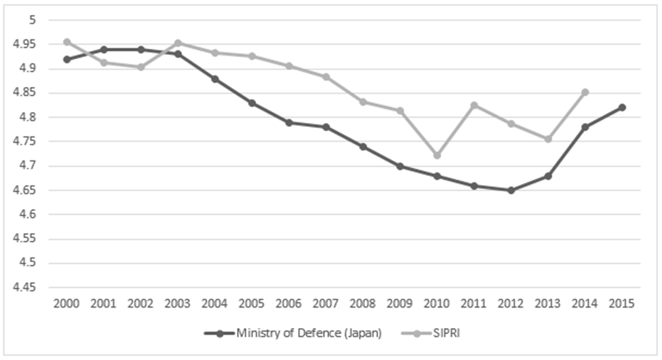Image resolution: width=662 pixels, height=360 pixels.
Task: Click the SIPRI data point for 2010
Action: pyautogui.click(x=437, y=156)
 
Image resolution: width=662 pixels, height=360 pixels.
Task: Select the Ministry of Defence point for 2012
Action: pyautogui.click(x=511, y=190)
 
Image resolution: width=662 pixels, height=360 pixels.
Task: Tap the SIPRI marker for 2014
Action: pyautogui.click(x=585, y=92)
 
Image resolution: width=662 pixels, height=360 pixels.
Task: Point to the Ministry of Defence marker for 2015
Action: pyautogui.click(x=621, y=107)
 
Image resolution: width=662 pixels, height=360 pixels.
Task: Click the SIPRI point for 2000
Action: pyautogui.click(x=67, y=41)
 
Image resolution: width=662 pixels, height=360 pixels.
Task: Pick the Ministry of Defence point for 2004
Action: pyautogui.click(x=215, y=79)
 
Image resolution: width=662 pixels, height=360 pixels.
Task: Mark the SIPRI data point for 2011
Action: pyautogui.click(x=474, y=105)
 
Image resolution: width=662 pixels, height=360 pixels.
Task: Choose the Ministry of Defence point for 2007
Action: pyautogui.click(x=326, y=127)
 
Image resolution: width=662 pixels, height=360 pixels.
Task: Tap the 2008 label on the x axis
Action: pyautogui.click(x=363, y=304)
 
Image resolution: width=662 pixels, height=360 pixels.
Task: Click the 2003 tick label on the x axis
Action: pyautogui.click(x=178, y=304)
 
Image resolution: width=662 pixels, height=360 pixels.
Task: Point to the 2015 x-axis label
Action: pyautogui.click(x=621, y=304)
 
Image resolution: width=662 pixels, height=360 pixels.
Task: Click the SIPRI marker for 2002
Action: pyautogui.click(x=141, y=67)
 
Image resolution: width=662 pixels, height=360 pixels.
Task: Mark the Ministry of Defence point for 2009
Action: pyautogui.click(x=400, y=166)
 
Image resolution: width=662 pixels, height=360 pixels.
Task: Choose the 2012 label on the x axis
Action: pyautogui.click(x=511, y=304)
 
